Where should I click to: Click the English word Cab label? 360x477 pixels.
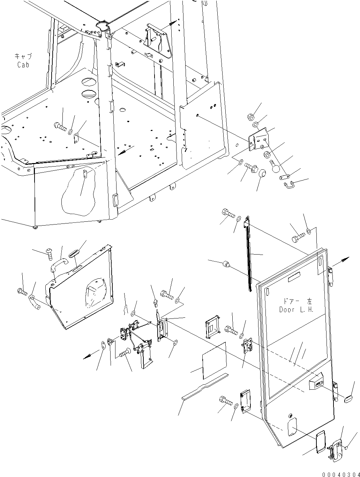pyautogui.click(x=23, y=65)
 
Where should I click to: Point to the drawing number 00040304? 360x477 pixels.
pyautogui.click(x=340, y=474)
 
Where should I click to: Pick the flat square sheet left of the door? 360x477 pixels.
pyautogui.click(x=215, y=360)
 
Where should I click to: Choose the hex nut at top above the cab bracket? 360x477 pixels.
pyautogui.click(x=254, y=117)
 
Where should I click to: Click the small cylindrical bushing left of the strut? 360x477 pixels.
pyautogui.click(x=226, y=264)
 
